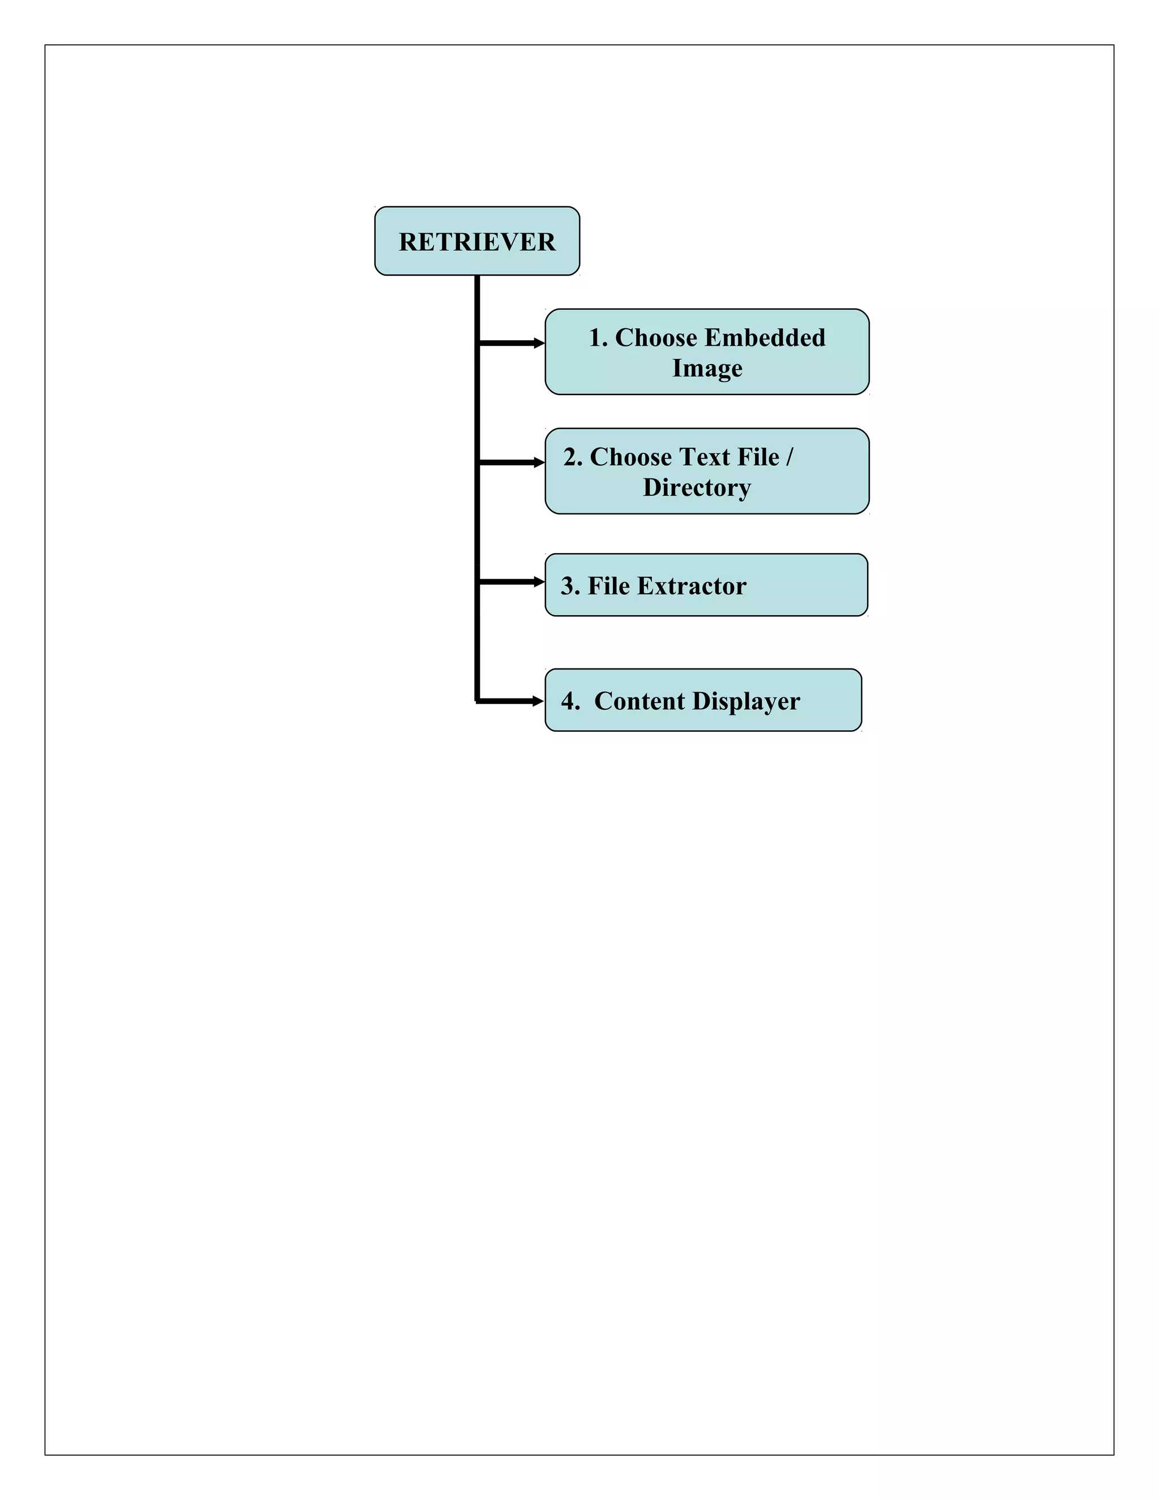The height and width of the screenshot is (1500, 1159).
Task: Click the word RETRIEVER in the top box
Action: coord(477,242)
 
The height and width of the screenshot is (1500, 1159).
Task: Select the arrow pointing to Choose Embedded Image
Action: coord(512,342)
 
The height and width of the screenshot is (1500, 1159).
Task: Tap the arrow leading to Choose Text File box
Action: coord(512,462)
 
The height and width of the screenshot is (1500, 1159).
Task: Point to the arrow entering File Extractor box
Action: coord(512,582)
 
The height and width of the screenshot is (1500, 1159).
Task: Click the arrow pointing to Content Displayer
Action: coord(512,701)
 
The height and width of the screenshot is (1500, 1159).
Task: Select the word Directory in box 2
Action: coord(696,487)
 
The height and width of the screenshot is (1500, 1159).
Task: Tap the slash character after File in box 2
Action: coord(789,457)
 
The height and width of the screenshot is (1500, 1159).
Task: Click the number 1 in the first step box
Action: coord(595,337)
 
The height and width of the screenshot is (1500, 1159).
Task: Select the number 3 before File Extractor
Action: coord(567,586)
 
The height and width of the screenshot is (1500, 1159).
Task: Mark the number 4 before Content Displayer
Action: coord(568,701)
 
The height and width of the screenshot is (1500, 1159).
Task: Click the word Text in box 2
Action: coord(705,457)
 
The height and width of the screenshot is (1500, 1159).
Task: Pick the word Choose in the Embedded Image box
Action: coord(656,337)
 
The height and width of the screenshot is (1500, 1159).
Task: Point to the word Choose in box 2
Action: coord(631,457)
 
